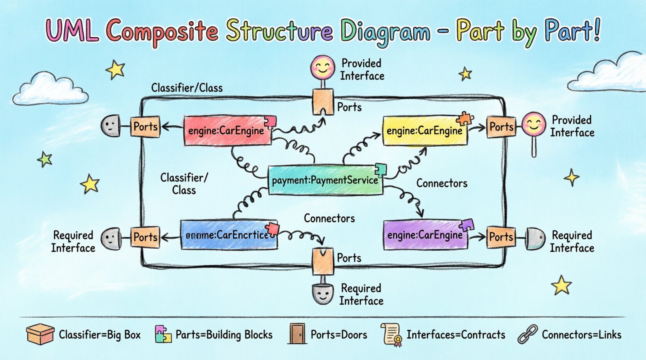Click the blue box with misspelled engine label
228,235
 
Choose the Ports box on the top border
323,102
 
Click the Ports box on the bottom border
323,261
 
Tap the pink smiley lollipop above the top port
323,67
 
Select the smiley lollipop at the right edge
534,124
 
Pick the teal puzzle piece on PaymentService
381,170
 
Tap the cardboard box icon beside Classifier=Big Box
40,334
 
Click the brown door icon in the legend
297,334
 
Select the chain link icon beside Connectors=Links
528,334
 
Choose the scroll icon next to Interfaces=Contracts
392,334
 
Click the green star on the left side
45,159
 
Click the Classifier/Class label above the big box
187,88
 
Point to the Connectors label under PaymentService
329,218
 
